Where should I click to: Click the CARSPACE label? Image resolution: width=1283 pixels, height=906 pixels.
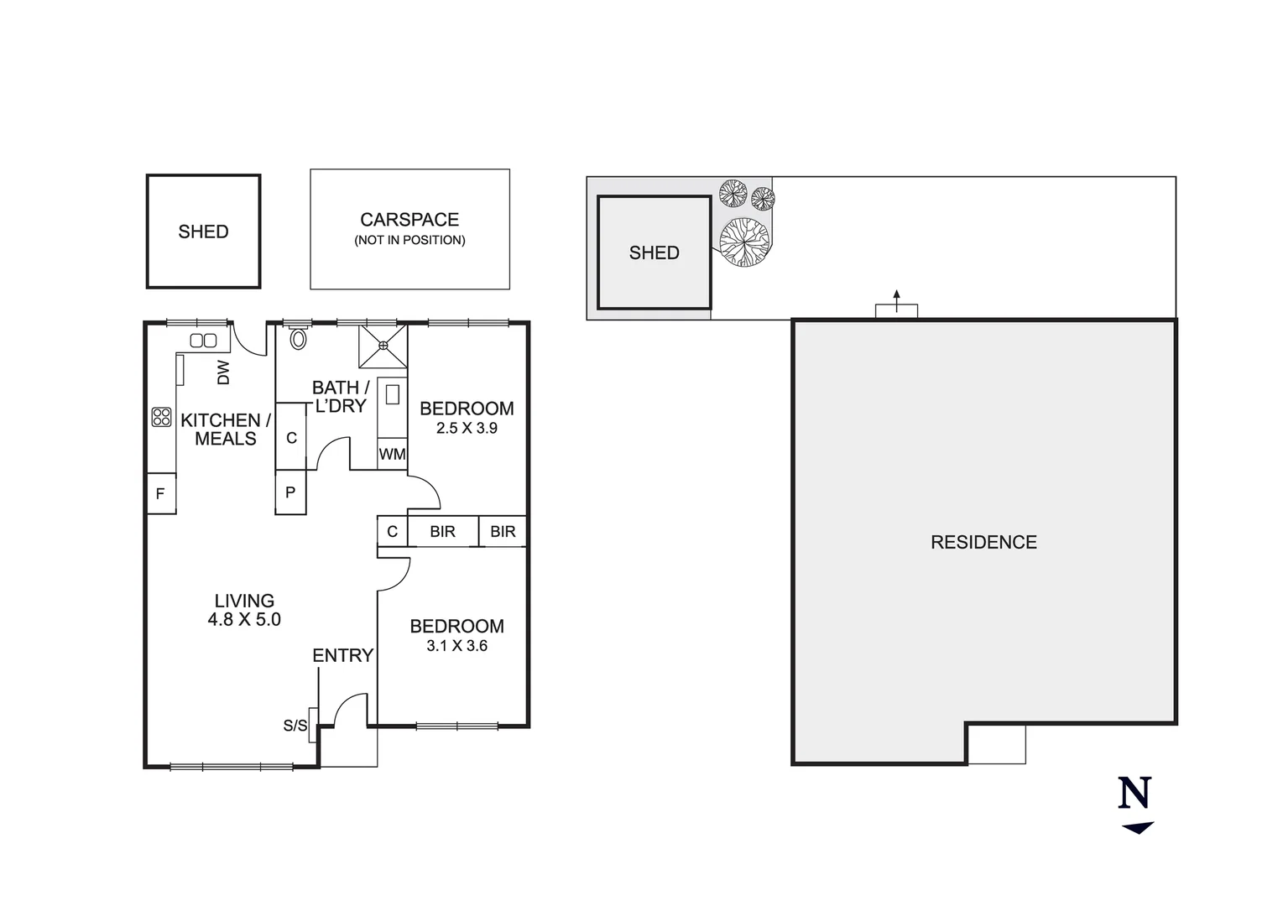(x=409, y=220)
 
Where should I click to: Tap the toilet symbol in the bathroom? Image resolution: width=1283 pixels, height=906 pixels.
(x=298, y=338)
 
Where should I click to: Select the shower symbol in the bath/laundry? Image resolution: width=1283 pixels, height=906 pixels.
(x=383, y=345)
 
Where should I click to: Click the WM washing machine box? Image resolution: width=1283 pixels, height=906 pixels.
(x=392, y=455)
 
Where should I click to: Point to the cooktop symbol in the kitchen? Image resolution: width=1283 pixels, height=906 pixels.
(x=161, y=417)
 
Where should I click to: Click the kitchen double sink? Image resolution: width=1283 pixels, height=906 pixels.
(x=203, y=341)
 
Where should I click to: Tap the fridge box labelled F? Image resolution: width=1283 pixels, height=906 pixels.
(x=160, y=494)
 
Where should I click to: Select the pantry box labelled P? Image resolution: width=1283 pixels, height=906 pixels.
(x=290, y=492)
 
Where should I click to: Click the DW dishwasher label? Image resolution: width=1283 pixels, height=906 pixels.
(x=223, y=372)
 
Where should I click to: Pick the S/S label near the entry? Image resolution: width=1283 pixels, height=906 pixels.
(x=295, y=726)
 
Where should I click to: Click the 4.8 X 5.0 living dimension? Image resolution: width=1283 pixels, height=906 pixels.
(x=244, y=620)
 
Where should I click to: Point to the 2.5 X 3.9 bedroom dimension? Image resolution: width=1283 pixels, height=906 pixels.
(x=467, y=428)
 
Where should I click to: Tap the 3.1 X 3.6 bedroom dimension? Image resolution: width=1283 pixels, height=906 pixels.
(x=456, y=646)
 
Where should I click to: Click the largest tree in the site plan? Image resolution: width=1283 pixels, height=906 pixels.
(x=743, y=242)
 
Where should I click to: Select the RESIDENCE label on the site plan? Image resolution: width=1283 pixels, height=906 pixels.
(x=983, y=543)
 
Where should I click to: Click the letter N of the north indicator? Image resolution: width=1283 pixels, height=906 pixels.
(x=1134, y=793)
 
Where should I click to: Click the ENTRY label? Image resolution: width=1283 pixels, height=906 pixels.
(x=342, y=656)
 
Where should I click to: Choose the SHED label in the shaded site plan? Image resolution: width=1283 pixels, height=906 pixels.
(x=654, y=253)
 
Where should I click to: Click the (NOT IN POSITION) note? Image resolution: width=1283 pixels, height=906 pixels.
(x=409, y=241)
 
